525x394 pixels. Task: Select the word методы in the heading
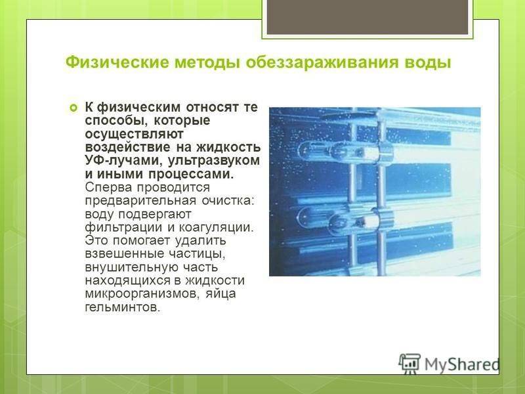(x=207, y=63)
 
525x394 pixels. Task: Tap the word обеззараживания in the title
(x=322, y=63)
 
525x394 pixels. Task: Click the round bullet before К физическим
(x=73, y=108)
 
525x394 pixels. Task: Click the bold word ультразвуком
(x=214, y=160)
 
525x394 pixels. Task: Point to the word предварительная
(x=140, y=201)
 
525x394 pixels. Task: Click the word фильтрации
(x=124, y=227)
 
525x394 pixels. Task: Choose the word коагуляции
(x=217, y=227)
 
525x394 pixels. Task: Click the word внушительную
(x=132, y=267)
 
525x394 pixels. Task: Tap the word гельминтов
(x=123, y=307)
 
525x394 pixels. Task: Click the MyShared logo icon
(x=409, y=364)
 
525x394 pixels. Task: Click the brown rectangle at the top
(x=367, y=17)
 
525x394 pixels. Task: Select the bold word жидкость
(x=228, y=148)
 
